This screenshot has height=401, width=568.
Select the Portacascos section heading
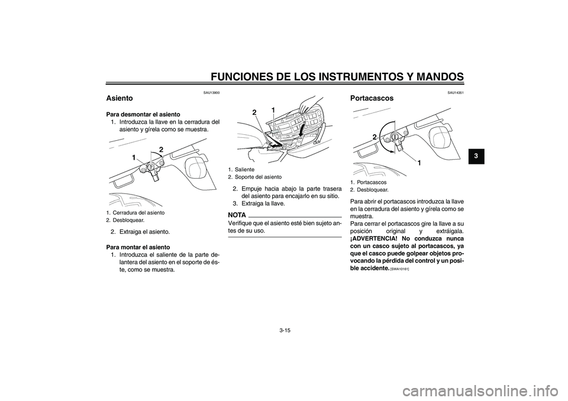click(x=372, y=98)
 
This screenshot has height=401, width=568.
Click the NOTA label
click(x=237, y=214)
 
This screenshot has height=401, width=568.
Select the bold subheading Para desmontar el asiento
click(x=139, y=114)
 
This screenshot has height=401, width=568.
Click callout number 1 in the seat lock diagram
click(x=134, y=158)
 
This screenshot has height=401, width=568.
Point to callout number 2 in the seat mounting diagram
click(x=254, y=112)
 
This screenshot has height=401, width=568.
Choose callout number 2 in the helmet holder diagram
click(x=375, y=137)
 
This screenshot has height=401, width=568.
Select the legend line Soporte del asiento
click(x=258, y=177)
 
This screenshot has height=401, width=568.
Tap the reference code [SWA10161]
click(x=400, y=269)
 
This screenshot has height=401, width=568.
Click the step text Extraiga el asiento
click(x=144, y=231)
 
